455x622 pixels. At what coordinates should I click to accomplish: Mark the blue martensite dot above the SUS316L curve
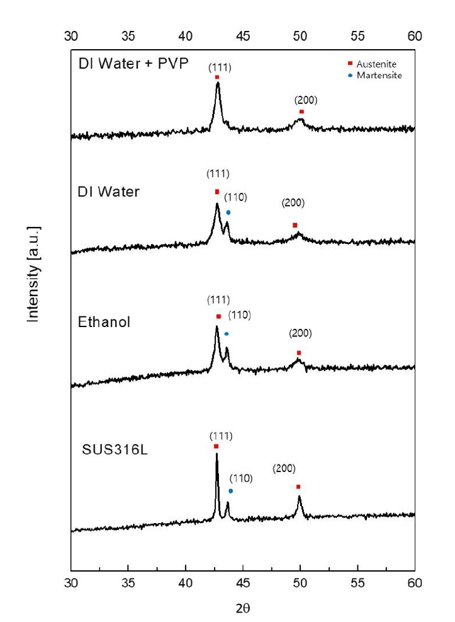[231, 491]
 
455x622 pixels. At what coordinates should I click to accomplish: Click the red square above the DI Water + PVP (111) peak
[217, 77]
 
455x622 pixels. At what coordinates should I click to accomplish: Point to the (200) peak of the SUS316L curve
[299, 498]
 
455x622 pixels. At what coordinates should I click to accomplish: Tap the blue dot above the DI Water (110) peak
[228, 212]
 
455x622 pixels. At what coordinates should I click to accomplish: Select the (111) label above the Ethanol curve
[218, 299]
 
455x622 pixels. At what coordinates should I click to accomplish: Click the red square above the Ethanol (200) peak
[299, 352]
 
